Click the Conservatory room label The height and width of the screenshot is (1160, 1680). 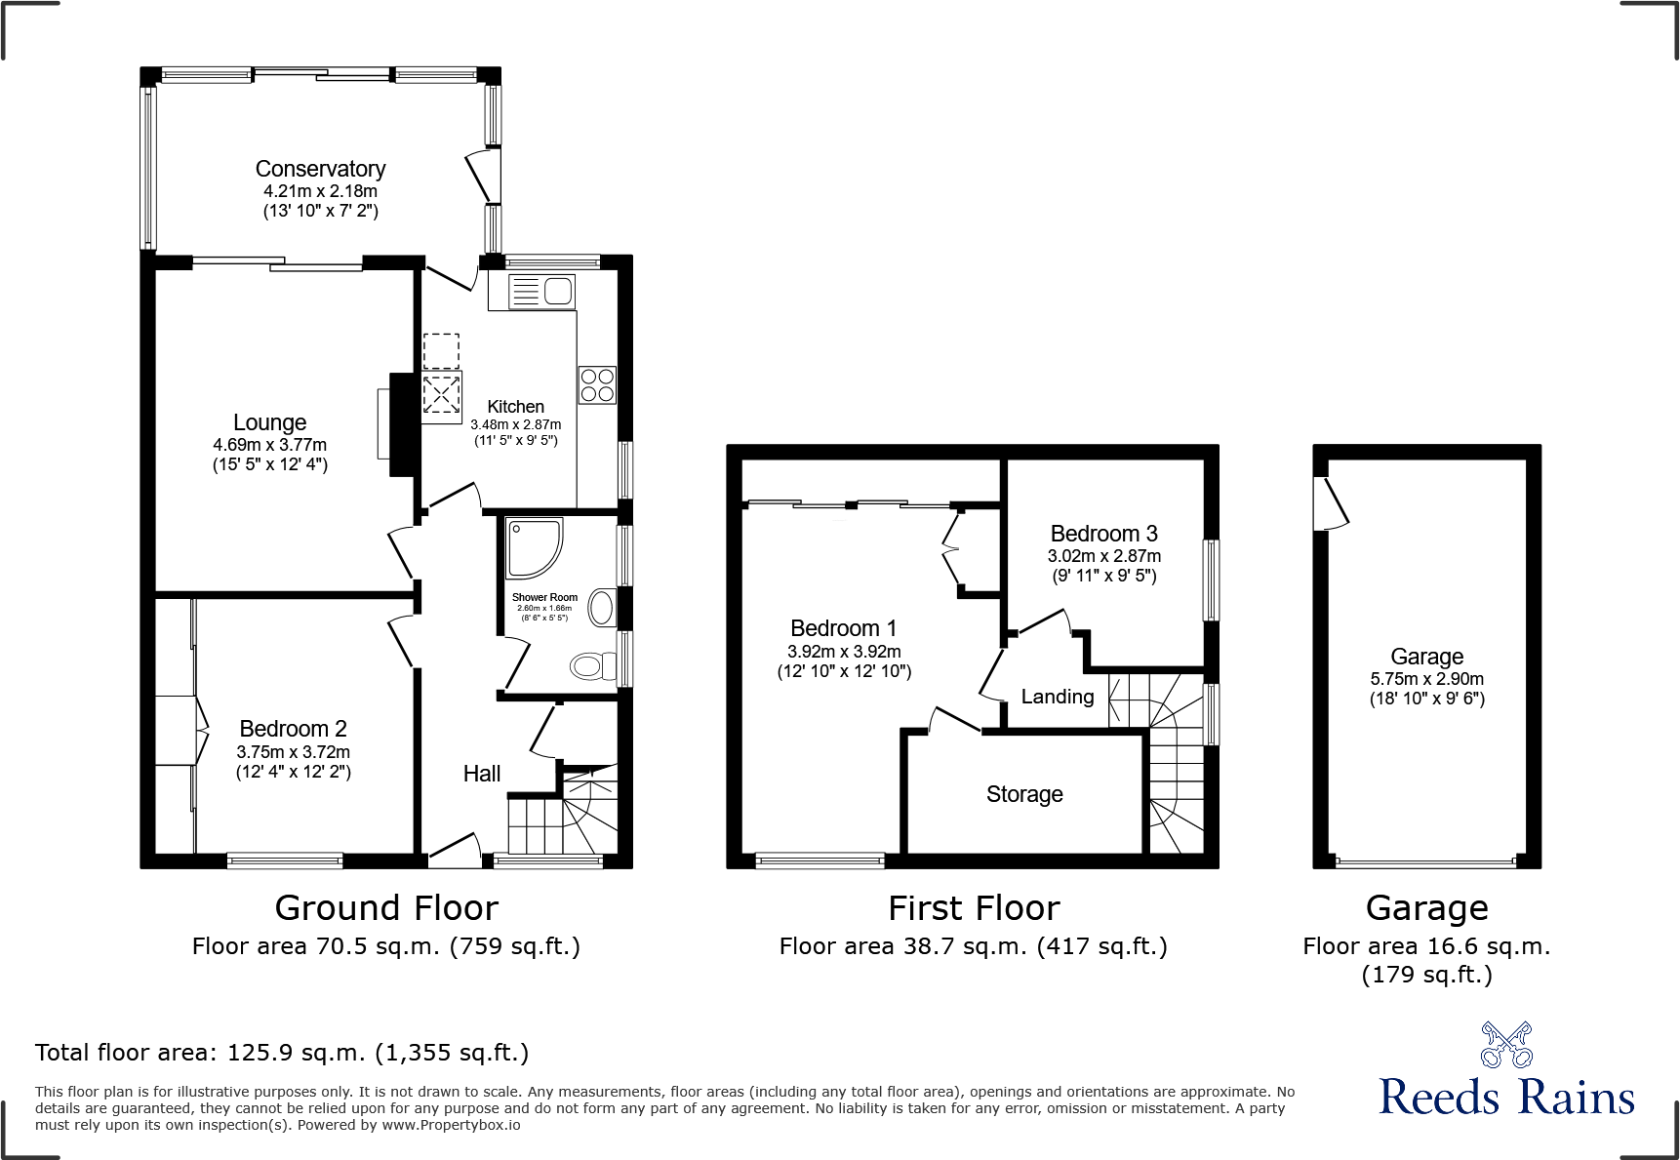click(320, 169)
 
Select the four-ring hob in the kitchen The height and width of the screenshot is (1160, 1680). click(597, 384)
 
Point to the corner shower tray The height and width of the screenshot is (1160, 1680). click(533, 547)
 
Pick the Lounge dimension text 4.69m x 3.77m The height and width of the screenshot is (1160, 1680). click(270, 445)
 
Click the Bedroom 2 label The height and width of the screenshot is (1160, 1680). click(293, 729)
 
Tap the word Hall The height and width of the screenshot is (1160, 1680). click(481, 774)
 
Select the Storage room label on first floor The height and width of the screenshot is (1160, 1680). click(1024, 794)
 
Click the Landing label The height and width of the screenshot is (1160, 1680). click(1058, 697)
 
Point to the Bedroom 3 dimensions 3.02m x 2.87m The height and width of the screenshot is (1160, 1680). click(1104, 556)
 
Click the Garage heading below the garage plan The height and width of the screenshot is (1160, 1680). click(1426, 908)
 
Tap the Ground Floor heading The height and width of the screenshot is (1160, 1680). click(386, 908)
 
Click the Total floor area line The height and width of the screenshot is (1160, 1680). click(282, 1053)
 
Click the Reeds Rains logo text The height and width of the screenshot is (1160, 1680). click(1506, 1098)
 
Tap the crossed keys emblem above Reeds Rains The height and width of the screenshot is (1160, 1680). click(1506, 1045)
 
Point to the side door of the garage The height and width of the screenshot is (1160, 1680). click(1333, 503)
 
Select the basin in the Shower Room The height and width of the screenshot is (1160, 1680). click(602, 608)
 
